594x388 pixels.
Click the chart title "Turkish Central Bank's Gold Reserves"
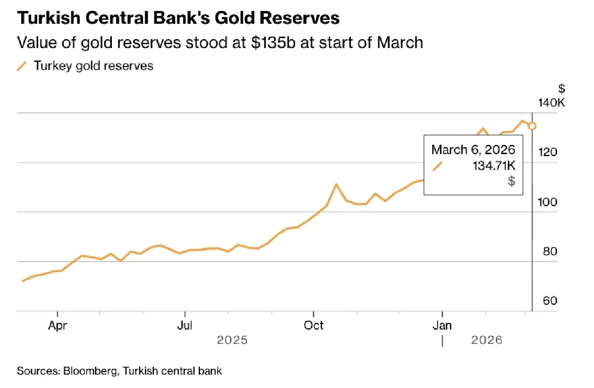point(178,18)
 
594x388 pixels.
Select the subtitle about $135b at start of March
point(220,42)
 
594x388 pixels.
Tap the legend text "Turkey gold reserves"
point(93,65)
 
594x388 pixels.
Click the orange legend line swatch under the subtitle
point(22,66)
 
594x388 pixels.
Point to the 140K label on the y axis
point(551,103)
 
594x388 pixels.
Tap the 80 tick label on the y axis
point(549,251)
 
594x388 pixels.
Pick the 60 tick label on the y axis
point(549,301)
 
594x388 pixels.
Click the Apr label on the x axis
point(58,325)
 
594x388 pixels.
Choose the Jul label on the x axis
point(185,325)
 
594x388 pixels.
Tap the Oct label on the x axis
point(313,325)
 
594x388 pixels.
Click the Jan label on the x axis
point(442,325)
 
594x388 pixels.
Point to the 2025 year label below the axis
point(232,340)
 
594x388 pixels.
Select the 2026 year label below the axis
point(487,340)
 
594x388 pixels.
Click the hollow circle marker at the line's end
point(532,126)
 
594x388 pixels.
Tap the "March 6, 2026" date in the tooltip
point(473,150)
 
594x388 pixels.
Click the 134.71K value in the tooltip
point(494,166)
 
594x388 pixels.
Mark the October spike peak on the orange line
point(336,185)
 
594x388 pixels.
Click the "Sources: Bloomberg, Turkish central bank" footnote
point(119,371)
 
